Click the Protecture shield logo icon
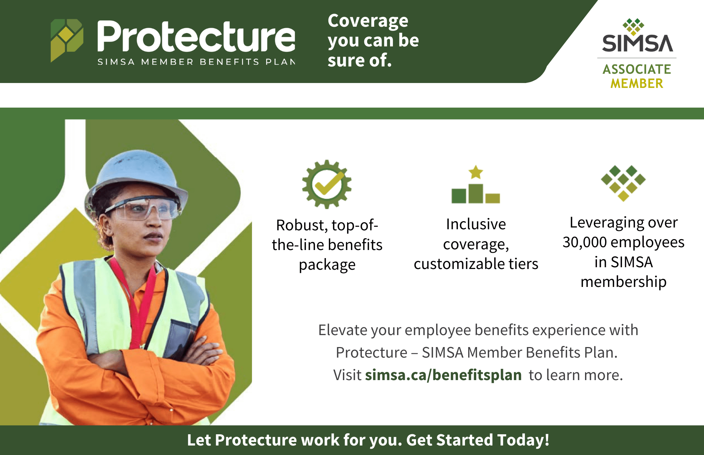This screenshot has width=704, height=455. [67, 40]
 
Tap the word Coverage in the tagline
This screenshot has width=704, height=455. [368, 21]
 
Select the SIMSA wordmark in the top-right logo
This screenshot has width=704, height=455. [637, 43]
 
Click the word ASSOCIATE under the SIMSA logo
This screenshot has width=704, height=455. [637, 69]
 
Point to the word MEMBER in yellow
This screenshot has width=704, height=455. [637, 84]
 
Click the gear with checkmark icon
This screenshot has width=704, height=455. [327, 184]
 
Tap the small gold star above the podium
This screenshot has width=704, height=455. [476, 172]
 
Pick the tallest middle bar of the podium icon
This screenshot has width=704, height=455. [476, 193]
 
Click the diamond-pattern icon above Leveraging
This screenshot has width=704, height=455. [623, 183]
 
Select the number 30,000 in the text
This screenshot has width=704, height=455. [585, 242]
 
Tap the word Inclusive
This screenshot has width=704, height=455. [476, 224]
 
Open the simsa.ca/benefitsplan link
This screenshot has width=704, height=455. [443, 375]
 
